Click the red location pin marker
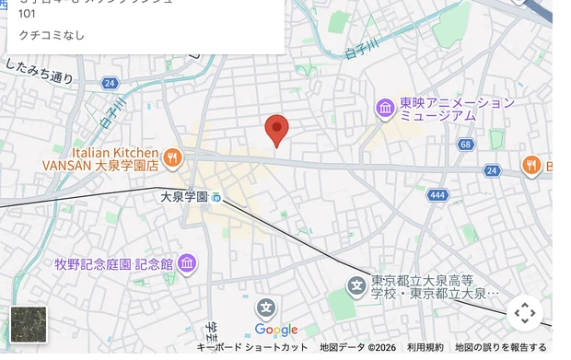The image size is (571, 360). (x=276, y=130)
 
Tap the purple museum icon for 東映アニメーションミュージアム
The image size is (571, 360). (x=385, y=109)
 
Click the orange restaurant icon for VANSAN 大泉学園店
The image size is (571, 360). (x=172, y=159)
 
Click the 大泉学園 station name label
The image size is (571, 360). (x=184, y=196)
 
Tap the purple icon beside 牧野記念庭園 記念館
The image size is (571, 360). (x=188, y=264)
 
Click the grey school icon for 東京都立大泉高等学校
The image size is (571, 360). (x=357, y=286)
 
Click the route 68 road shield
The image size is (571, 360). (x=465, y=145)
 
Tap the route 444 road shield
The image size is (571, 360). (x=437, y=195)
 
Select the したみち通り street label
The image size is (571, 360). (x=39, y=71)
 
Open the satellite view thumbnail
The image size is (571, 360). (x=28, y=324)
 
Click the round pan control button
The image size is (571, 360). (x=525, y=313)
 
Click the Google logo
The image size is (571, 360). (x=276, y=331)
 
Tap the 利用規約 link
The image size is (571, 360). (x=425, y=347)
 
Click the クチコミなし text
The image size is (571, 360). (x=45, y=35)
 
